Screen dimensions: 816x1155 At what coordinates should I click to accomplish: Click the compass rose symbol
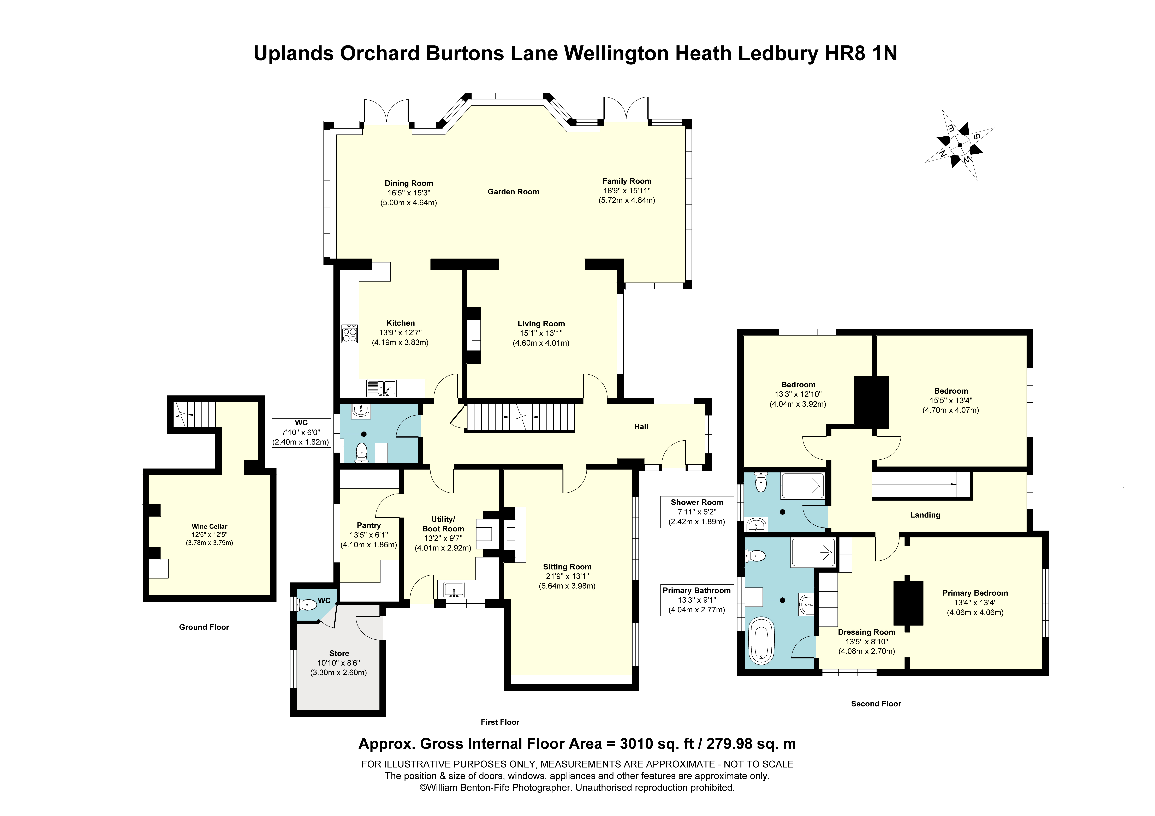(959, 145)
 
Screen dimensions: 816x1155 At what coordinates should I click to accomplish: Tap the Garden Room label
(513, 192)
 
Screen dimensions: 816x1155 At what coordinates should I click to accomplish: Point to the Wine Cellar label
(209, 526)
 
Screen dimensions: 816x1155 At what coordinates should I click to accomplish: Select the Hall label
(641, 427)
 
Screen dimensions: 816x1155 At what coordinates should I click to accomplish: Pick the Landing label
(925, 515)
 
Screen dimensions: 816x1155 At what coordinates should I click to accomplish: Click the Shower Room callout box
(697, 512)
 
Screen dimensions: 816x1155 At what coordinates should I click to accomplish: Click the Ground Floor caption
(204, 627)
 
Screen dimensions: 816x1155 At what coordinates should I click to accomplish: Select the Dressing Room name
(866, 632)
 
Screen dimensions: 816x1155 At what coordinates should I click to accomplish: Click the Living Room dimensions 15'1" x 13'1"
(541, 333)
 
